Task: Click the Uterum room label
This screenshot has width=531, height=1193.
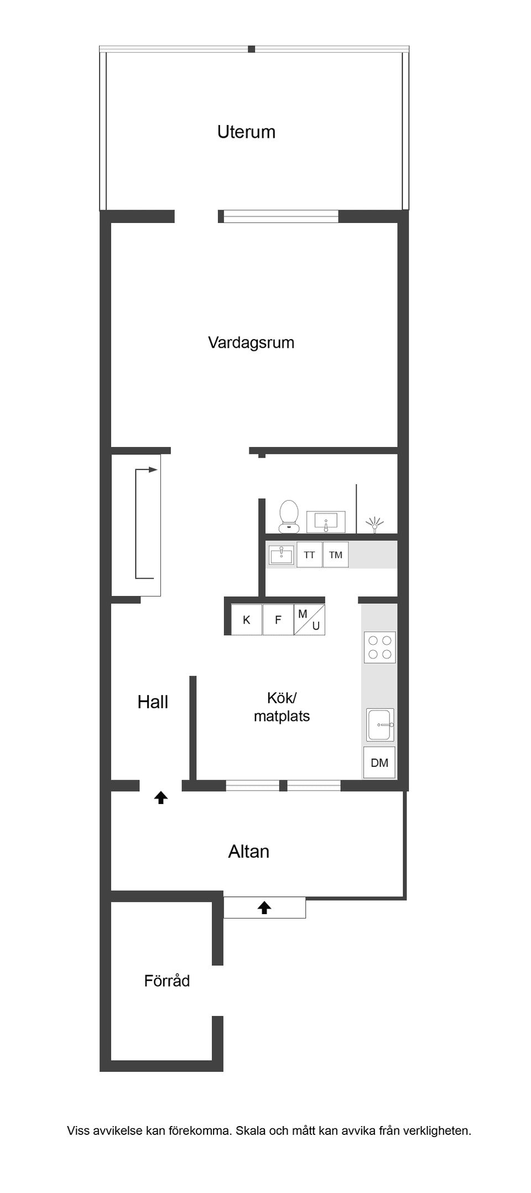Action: click(246, 132)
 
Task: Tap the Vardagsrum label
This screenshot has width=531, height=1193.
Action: click(251, 343)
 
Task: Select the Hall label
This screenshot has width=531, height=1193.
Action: click(153, 702)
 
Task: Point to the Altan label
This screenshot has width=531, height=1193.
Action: click(249, 852)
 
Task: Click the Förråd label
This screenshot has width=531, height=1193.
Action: click(167, 981)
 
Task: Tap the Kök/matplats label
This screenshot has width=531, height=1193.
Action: click(282, 707)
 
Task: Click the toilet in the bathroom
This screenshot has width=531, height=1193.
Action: click(289, 516)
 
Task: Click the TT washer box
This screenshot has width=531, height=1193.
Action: click(309, 555)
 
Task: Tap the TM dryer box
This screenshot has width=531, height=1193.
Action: click(336, 555)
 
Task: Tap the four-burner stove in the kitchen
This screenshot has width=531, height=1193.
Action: click(380, 647)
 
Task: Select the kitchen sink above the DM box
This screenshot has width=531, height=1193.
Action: click(381, 724)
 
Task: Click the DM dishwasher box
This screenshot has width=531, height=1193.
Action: click(379, 763)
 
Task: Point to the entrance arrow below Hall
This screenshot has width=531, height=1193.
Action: click(161, 797)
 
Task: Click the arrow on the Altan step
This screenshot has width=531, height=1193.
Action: click(264, 907)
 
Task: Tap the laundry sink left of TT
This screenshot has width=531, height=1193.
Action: click(282, 555)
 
